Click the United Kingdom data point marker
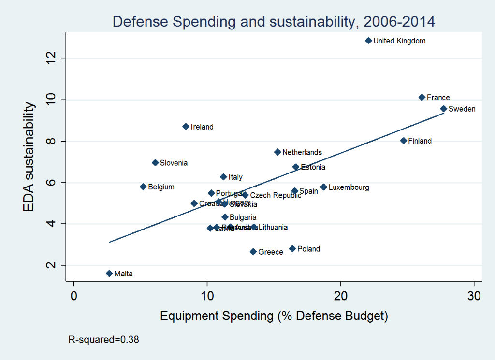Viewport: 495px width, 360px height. (368, 41)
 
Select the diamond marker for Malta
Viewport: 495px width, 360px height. (109, 274)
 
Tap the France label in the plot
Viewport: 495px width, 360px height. (438, 98)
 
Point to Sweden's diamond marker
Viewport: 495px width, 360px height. (443, 109)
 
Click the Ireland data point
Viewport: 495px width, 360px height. (186, 127)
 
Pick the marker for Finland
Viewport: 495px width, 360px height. (403, 141)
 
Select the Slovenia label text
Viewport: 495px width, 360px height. (174, 163)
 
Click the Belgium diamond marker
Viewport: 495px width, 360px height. (143, 187)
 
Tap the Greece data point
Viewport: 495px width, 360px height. (253, 252)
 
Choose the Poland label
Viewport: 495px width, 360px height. (308, 249)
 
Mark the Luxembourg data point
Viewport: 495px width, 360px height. (323, 187)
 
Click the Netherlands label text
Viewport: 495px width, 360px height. (302, 152)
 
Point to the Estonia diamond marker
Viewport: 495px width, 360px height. (296, 167)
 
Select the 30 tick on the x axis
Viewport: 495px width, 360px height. (475, 295)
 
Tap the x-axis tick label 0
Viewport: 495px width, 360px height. (73, 295)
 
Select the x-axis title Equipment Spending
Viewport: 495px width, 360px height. (274, 317)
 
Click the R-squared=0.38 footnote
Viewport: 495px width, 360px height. (104, 340)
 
